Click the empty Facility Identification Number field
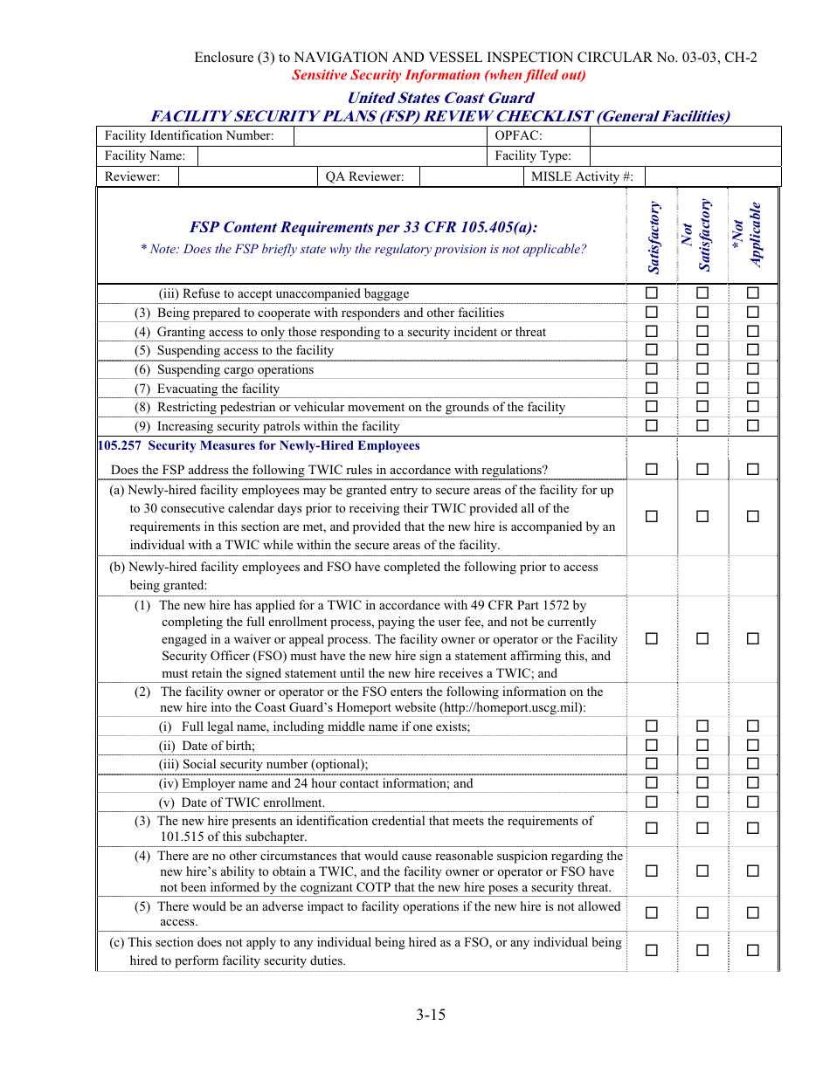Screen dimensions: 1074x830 [390, 136]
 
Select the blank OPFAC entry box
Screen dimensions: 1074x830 [685, 136]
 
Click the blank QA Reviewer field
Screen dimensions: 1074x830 [470, 176]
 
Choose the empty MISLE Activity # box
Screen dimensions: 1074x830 [712, 176]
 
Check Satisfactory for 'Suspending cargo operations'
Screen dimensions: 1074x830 [652, 369]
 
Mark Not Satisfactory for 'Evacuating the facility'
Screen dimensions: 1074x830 [702, 389]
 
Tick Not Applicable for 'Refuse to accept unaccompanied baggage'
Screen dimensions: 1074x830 [752, 293]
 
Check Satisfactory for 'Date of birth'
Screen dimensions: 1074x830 [652, 745]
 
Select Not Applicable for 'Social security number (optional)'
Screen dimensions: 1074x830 [752, 764]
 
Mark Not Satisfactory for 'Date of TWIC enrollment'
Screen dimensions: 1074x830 [702, 802]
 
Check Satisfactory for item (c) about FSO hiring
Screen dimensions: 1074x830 [652, 950]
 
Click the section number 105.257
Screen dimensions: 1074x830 [121, 445]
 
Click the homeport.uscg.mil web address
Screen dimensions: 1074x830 [512, 708]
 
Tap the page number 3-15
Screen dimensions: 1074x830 [431, 1015]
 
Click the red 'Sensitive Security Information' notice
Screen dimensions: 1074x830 [439, 75]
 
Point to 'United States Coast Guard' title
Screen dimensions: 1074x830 [440, 98]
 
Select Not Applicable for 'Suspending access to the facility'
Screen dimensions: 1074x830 [752, 350]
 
